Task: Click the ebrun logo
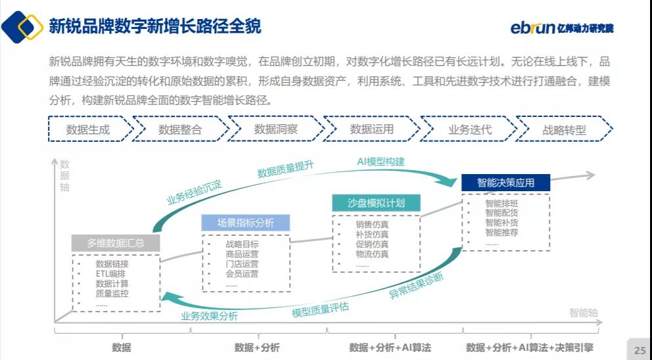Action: click(561, 28)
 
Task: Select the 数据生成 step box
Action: click(88, 129)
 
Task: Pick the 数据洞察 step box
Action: click(275, 129)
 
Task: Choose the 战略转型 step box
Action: click(564, 129)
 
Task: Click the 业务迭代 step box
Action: click(469, 129)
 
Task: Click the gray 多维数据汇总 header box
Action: click(116, 243)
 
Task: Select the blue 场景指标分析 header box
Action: click(246, 223)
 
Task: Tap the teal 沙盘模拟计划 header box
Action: click(376, 203)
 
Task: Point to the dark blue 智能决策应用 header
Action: click(505, 183)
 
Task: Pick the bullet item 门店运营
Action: click(242, 264)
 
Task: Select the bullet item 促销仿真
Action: click(372, 244)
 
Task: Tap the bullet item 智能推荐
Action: click(501, 233)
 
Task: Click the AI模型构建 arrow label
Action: click(381, 162)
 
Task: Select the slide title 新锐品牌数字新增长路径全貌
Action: click(155, 27)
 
